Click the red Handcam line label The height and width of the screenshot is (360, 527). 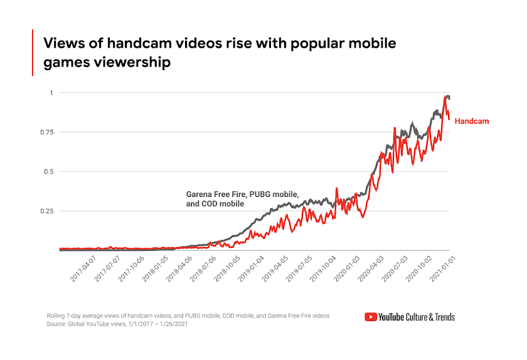coord(471,121)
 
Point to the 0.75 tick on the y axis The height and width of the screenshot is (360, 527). coord(46,132)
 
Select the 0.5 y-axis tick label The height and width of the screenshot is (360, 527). coord(48,171)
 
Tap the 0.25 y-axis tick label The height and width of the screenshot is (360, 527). coord(46,211)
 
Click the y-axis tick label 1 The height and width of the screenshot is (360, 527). coord(51,93)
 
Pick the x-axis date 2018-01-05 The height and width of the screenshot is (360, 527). coord(156,268)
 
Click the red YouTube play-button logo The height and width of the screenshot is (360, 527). coord(370,317)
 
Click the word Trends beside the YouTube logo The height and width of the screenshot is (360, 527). coord(441,317)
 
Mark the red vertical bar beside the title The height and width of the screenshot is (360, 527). coord(33,53)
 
